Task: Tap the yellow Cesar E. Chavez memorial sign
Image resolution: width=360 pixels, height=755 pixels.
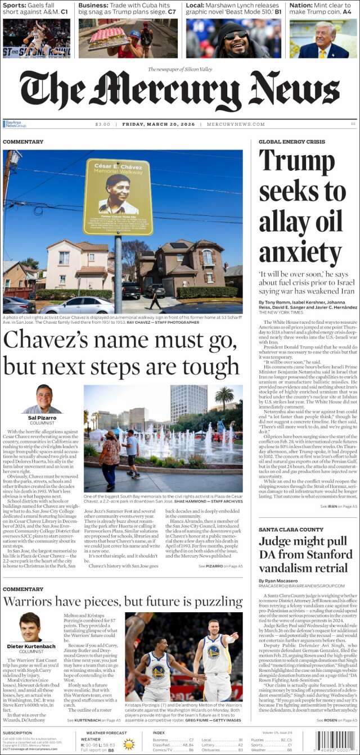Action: pyautogui.click(x=118, y=196)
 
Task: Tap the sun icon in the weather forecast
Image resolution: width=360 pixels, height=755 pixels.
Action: pyautogui.click(x=129, y=744)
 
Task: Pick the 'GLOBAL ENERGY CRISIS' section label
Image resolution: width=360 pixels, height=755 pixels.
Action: pyautogui.click(x=291, y=142)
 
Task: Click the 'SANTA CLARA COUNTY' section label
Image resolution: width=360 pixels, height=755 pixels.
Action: pyautogui.click(x=291, y=530)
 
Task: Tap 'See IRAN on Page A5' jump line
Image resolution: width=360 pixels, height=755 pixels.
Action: pyautogui.click(x=339, y=507)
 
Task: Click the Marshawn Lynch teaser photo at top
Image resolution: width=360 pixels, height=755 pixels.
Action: pyautogui.click(x=233, y=39)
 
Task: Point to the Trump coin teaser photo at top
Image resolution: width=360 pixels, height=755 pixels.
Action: pyautogui.click(x=323, y=39)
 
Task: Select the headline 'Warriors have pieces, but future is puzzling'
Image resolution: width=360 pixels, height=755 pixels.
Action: pyautogui.click(x=123, y=602)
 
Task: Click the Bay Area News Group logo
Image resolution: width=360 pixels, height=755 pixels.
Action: pyautogui.click(x=15, y=124)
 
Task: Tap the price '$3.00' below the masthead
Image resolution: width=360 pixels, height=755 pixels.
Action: pyautogui.click(x=103, y=124)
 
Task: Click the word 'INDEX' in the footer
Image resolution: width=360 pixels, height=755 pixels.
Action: pyautogui.click(x=159, y=733)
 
